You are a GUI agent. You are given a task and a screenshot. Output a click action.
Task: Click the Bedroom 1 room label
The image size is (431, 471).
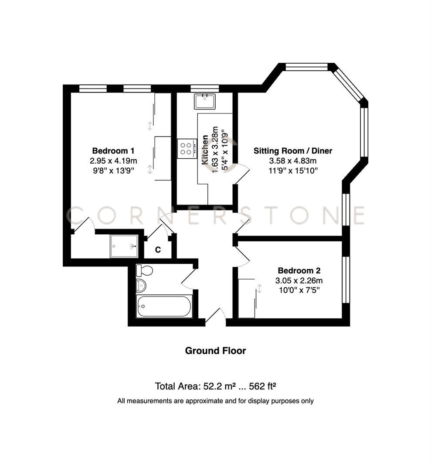[113, 151]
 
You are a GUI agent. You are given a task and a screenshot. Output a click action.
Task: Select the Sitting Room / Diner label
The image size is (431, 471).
[293, 151]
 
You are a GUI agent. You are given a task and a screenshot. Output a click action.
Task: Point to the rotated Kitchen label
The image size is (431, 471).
[204, 150]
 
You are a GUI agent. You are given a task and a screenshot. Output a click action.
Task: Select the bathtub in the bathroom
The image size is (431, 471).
[163, 307]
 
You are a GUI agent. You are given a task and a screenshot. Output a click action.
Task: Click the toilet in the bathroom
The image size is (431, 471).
[144, 270]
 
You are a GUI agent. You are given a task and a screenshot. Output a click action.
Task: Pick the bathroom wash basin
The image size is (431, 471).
[141, 286]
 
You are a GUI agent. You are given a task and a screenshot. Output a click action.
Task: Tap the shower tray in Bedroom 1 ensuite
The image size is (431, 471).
[124, 246]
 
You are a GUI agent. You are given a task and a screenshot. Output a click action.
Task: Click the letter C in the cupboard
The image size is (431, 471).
[158, 250]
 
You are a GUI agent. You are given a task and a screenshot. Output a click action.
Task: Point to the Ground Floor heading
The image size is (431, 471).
[215, 351]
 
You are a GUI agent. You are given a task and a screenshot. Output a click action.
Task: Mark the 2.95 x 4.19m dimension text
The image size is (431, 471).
[113, 161]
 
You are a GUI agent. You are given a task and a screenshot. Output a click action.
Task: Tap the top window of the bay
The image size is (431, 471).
[306, 67]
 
